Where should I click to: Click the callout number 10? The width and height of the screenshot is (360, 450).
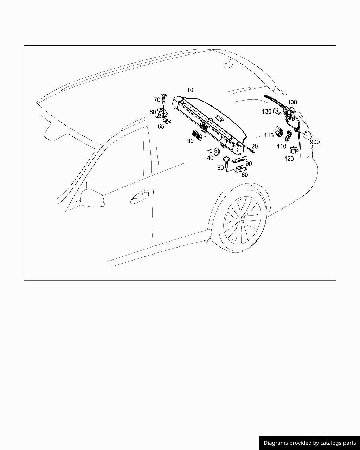pos(190,90)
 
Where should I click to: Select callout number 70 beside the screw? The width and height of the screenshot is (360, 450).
pos(157,100)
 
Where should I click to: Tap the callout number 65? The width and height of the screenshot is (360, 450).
pos(161,127)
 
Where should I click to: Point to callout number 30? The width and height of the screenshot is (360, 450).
pos(190,141)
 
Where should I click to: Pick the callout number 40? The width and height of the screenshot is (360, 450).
pos(210,158)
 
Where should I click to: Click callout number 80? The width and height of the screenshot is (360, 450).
pos(220,168)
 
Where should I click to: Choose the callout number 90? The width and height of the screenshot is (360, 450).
pos(249,164)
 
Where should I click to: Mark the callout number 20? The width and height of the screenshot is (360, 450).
pos(255,146)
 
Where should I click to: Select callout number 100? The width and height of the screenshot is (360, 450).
pos(292,102)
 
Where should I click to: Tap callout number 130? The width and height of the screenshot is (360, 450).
pos(266,111)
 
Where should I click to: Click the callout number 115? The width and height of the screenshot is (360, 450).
pos(269,135)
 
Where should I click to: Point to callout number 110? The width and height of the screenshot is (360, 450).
pos(282,147)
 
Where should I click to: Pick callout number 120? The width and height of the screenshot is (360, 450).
pos(289,159)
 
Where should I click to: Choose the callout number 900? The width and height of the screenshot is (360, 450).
pos(315,142)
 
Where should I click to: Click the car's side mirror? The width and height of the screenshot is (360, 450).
pos(92,198)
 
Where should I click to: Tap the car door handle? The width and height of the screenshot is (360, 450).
pos(140,197)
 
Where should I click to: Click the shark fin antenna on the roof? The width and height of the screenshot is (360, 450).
pos(229,64)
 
